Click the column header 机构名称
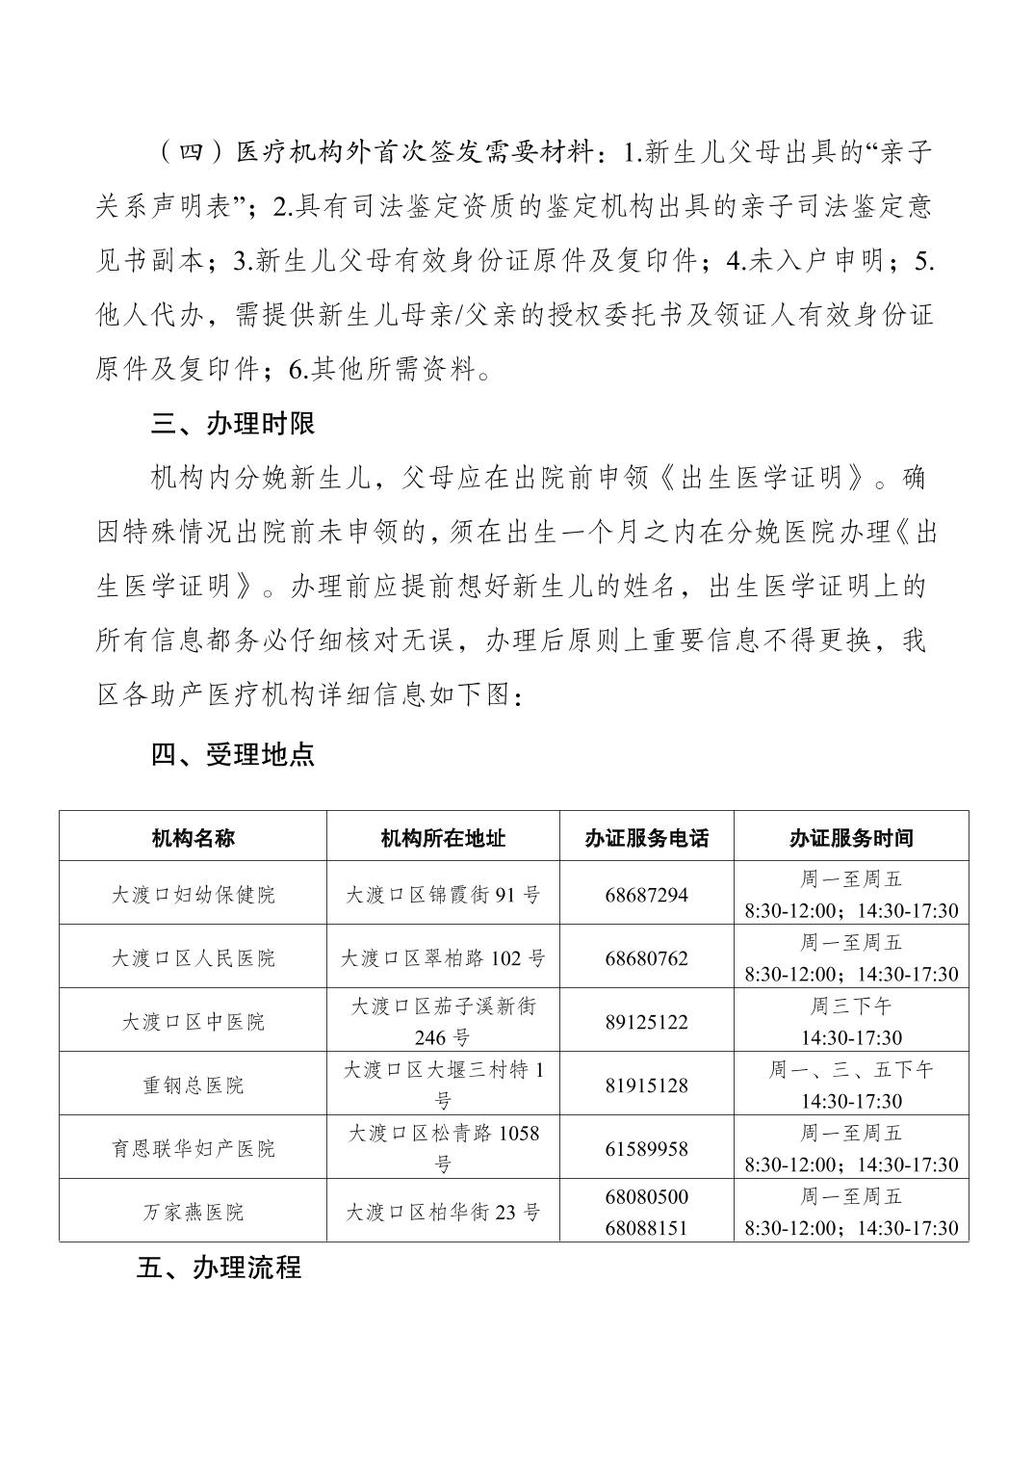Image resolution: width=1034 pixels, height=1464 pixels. click(x=193, y=838)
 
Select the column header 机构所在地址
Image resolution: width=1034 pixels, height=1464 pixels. click(x=443, y=838)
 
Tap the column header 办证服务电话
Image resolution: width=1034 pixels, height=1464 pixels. click(x=646, y=838)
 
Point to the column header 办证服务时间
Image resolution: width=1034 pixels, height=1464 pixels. click(x=851, y=838)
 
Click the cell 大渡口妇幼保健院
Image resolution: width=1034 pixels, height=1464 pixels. click(x=193, y=894)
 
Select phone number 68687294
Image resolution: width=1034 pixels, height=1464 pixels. click(x=646, y=895)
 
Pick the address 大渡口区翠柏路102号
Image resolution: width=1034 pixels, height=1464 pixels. click(x=443, y=958)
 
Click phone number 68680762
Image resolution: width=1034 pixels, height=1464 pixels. click(x=646, y=958)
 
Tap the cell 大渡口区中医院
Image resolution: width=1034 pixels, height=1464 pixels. click(x=193, y=1022)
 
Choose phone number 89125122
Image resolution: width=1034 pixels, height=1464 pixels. click(x=646, y=1022)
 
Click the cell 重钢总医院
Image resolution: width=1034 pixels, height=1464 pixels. click(x=193, y=1085)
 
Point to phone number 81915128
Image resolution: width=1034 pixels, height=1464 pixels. click(x=646, y=1085)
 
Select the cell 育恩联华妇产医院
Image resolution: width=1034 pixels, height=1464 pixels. click(x=193, y=1149)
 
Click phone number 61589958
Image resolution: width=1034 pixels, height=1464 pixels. click(x=646, y=1149)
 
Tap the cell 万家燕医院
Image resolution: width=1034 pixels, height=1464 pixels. click(x=193, y=1213)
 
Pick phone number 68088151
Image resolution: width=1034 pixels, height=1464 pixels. click(x=646, y=1228)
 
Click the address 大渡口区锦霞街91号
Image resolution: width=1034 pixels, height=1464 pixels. click(x=443, y=895)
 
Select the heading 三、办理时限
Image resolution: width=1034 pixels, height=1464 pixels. click(x=233, y=425)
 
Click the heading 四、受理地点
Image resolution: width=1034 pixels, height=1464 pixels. click(x=233, y=755)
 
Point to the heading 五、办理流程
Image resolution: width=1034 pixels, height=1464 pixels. click(x=220, y=1268)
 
